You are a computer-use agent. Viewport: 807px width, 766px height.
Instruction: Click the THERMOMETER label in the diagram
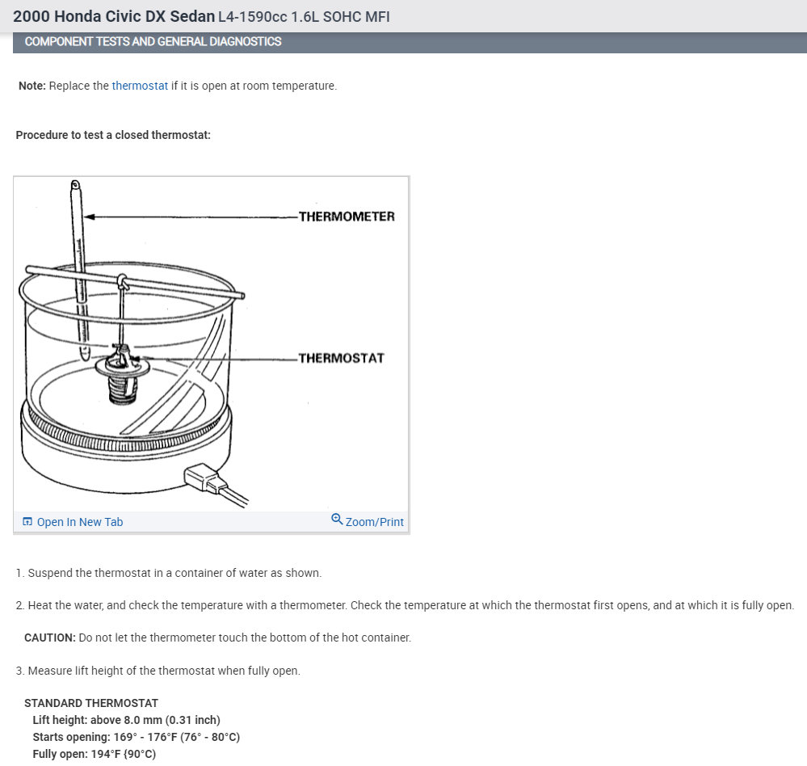tap(347, 217)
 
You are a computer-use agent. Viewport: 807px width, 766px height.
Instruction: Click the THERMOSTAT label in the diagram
tap(341, 358)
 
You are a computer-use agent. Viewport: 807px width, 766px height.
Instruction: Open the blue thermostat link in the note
tap(140, 86)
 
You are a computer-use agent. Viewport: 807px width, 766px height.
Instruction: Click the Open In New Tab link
tap(80, 522)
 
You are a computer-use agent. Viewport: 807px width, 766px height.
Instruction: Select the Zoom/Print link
tap(374, 522)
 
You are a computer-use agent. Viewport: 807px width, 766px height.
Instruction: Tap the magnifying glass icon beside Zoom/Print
tap(337, 519)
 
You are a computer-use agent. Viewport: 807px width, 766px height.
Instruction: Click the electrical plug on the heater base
tap(206, 478)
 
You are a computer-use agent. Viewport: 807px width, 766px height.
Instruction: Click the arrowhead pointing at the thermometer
tap(90, 217)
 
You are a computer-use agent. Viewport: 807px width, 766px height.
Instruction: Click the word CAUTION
tap(49, 638)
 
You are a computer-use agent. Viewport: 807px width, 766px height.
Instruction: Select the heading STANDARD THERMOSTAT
tap(91, 703)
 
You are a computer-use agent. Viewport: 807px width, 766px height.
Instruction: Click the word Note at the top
tap(32, 86)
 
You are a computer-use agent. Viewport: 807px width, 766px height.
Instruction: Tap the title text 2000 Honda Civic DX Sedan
tap(114, 16)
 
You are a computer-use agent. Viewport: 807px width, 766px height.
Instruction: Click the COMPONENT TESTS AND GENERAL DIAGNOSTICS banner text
tap(153, 41)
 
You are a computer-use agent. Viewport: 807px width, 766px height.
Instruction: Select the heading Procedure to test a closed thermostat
tap(113, 135)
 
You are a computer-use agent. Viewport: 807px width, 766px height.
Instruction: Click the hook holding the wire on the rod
tap(123, 281)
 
